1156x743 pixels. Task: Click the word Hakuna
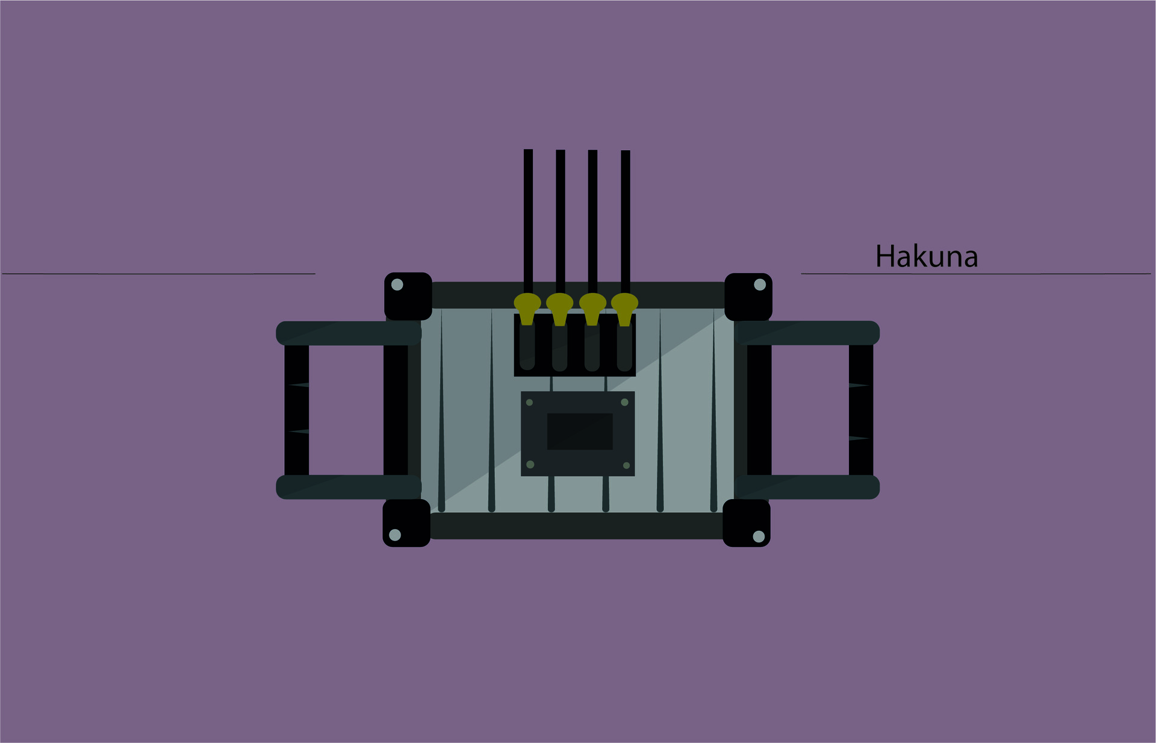pyautogui.click(x=926, y=257)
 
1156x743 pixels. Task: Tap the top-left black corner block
pyautogui.click(x=408, y=296)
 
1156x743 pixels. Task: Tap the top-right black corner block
pyautogui.click(x=748, y=297)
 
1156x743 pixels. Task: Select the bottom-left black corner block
pyautogui.click(x=406, y=523)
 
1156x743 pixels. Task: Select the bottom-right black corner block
pyautogui.click(x=746, y=523)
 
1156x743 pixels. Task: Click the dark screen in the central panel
pyautogui.click(x=579, y=431)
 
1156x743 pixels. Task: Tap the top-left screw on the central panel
pyautogui.click(x=529, y=403)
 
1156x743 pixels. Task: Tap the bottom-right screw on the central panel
pyautogui.click(x=626, y=465)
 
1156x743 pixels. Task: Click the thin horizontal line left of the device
pyautogui.click(x=158, y=274)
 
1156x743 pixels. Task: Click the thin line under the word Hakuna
pyautogui.click(x=975, y=274)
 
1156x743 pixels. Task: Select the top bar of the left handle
pyautogui.click(x=348, y=333)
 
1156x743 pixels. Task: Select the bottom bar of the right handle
pyautogui.click(x=807, y=487)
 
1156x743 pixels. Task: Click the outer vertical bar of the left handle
pyautogui.click(x=296, y=410)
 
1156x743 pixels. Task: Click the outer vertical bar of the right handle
pyautogui.click(x=861, y=410)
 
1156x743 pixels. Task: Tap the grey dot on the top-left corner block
pyautogui.click(x=397, y=284)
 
